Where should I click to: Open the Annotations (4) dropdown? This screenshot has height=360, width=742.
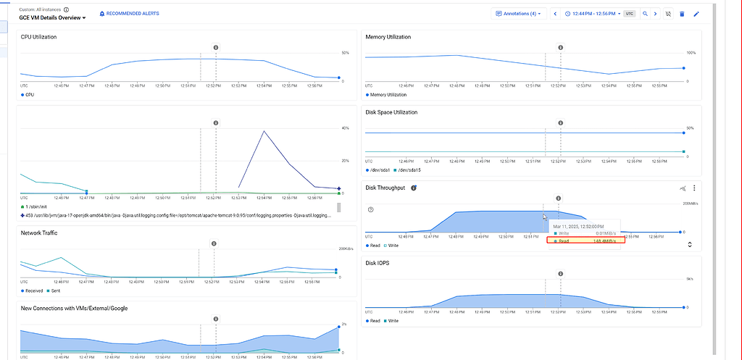[x=517, y=13]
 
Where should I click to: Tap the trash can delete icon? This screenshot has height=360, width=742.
[x=682, y=13]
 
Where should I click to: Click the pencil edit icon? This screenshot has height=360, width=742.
[x=696, y=13]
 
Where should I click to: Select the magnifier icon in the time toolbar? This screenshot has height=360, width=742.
[x=644, y=13]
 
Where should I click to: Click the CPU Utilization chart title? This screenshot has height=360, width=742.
[x=39, y=37]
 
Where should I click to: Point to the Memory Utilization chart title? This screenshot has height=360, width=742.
[x=388, y=37]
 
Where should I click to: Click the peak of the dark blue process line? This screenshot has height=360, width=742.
[x=264, y=131]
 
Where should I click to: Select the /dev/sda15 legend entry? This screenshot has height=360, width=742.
[x=410, y=169]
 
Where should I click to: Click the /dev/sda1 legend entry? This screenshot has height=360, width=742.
[x=380, y=169]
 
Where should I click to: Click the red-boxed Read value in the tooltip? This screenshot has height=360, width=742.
[x=585, y=241]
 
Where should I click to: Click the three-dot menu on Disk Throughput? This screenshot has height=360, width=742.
[x=694, y=188]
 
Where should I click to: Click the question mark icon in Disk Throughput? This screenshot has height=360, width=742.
[x=370, y=209]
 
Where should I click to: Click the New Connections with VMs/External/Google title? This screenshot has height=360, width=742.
[x=74, y=308]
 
